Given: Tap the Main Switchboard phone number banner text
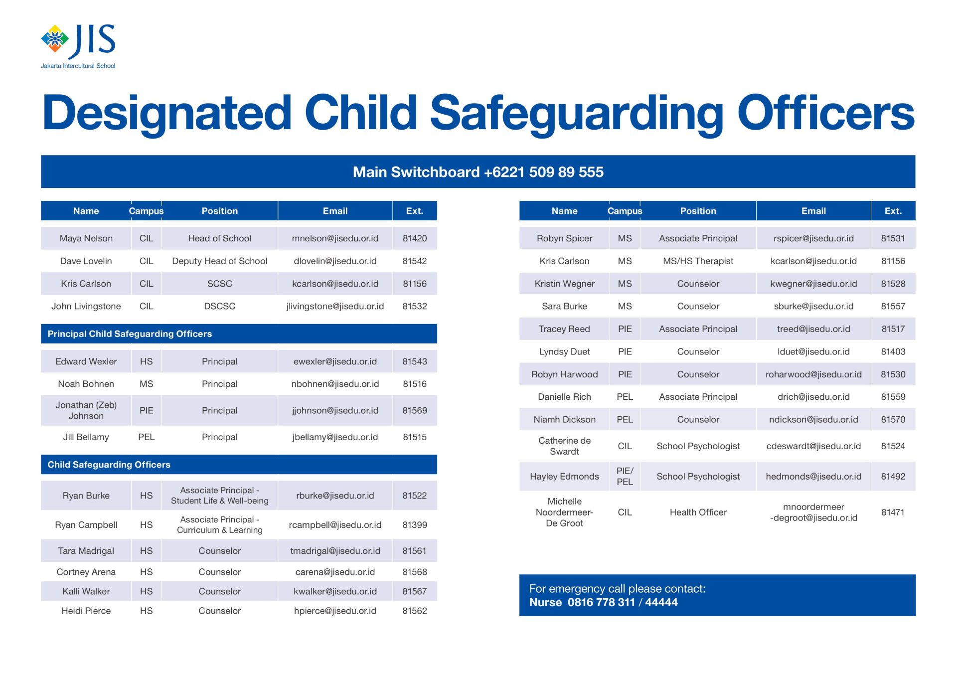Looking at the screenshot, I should point(478,172).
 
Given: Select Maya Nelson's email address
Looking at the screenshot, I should point(335,238).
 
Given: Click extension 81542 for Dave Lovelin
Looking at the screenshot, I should point(415,261).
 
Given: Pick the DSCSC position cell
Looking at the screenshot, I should point(219,306).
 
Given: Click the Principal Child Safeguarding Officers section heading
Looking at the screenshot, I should point(130,334).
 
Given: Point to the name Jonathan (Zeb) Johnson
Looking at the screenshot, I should point(86,410).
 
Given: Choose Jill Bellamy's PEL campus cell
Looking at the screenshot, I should point(146,437).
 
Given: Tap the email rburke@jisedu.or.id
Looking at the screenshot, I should point(335,496).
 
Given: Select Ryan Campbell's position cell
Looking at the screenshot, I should point(219,524).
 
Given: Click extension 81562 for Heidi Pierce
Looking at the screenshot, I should point(415,611).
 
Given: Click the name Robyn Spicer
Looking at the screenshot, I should point(564,238).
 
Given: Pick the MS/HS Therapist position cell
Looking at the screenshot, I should point(698,261).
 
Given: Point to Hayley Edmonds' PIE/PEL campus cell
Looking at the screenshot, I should point(625,476).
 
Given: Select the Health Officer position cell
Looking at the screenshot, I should point(698,512).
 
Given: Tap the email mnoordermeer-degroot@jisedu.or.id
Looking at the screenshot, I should point(813,512).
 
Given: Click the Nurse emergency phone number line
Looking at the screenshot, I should point(604,602).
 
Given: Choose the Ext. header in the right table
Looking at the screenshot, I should point(893,211).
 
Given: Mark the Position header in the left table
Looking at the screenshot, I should point(219,211).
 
